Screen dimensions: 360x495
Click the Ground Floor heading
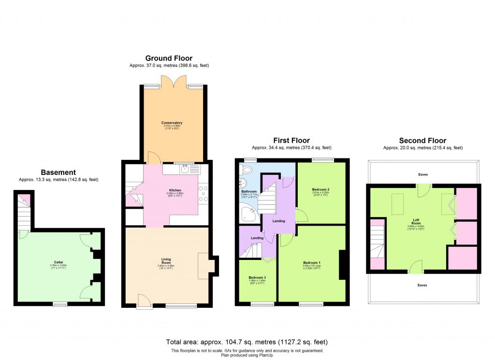(169, 58)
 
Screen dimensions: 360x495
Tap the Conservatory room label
(172, 123)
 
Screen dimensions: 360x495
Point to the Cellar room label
(58, 262)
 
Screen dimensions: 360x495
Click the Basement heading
(58, 172)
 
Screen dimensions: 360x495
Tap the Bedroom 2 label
(320, 189)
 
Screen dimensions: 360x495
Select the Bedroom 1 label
(312, 263)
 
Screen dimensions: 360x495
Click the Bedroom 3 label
(257, 277)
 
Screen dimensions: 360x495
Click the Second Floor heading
(422, 141)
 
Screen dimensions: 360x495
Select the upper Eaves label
(423, 174)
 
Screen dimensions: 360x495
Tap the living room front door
(143, 302)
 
